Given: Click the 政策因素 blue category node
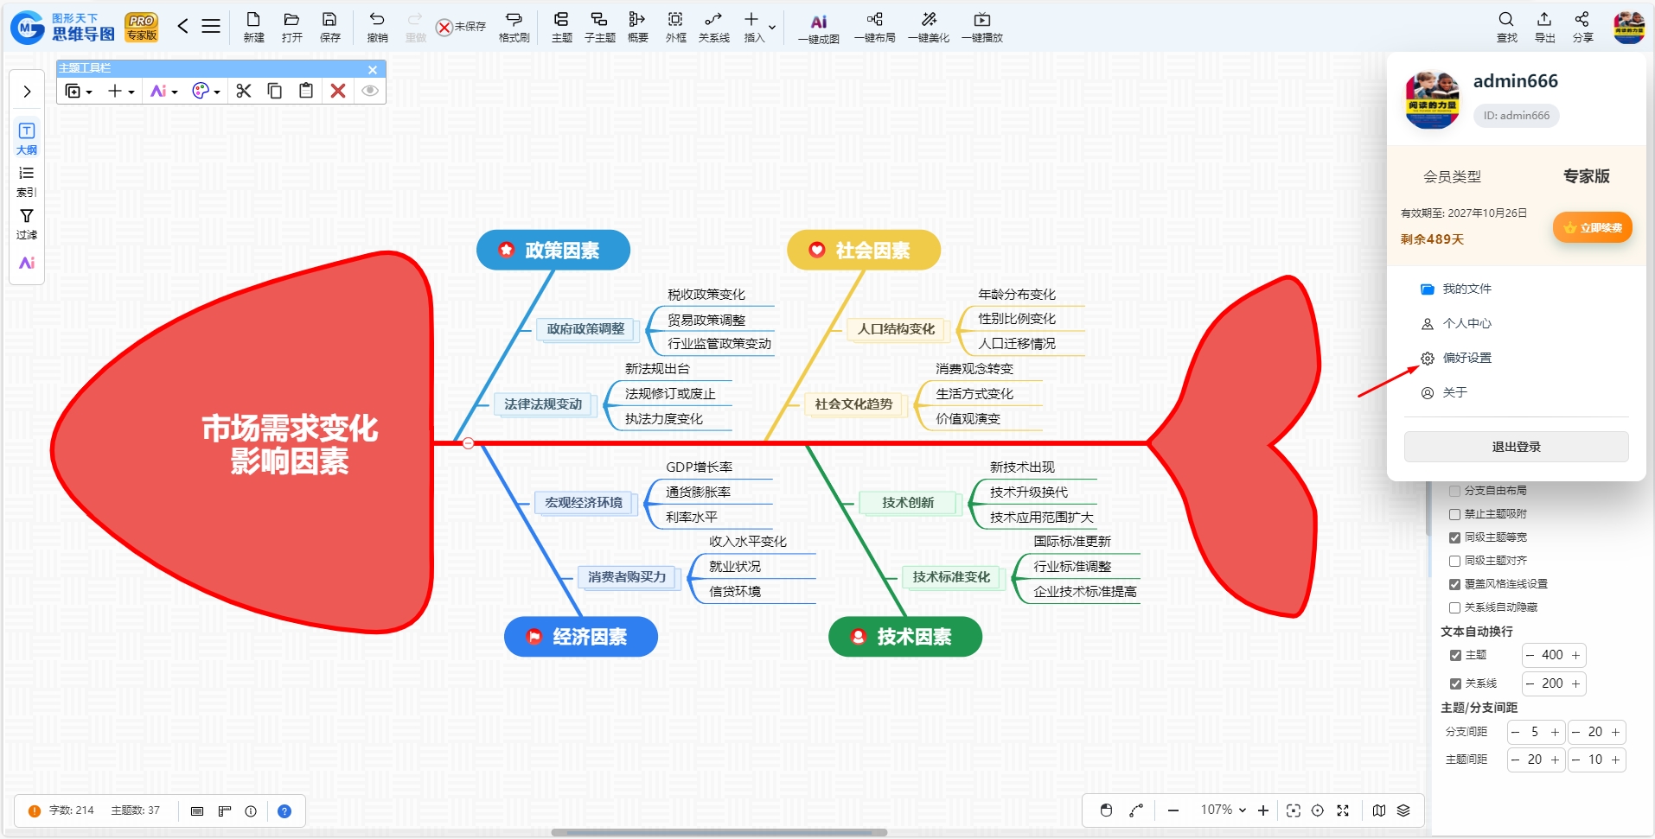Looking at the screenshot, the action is (x=553, y=251).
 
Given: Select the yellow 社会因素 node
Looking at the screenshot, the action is (x=863, y=251).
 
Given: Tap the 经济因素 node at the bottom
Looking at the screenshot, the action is (x=581, y=637).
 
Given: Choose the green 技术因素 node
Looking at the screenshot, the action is (x=905, y=637).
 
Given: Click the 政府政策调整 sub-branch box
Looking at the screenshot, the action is (x=585, y=329).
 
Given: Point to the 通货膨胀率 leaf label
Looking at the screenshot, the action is (x=698, y=493).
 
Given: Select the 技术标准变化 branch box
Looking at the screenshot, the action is (x=951, y=577).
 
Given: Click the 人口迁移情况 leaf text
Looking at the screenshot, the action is (x=1017, y=344).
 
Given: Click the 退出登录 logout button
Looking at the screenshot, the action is (x=1516, y=447).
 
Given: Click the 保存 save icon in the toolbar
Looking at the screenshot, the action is (x=329, y=27).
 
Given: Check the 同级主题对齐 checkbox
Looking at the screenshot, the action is (x=1454, y=561).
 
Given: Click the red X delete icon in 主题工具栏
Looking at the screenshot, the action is (x=338, y=91).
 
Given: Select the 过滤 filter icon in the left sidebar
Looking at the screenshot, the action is (x=27, y=223).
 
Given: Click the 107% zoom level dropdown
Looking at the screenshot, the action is (x=1223, y=810).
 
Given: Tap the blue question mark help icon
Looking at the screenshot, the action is (x=284, y=811).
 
